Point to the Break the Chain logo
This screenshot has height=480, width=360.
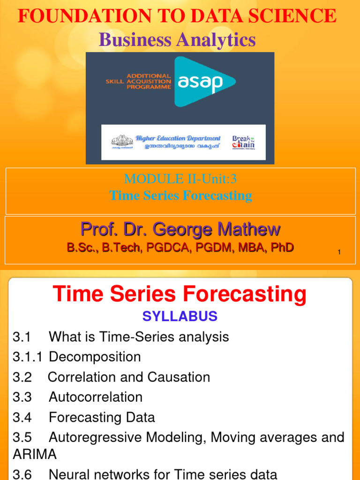[244, 142]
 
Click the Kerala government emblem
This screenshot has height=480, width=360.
[121, 142]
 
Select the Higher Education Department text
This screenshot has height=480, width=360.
[178, 138]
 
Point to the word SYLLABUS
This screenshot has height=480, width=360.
[180, 316]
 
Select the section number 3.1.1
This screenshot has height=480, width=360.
[27, 357]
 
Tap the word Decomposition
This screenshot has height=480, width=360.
[95, 357]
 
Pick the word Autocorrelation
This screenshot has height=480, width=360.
[96, 397]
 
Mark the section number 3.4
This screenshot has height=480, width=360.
[22, 417]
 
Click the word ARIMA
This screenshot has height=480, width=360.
[35, 454]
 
